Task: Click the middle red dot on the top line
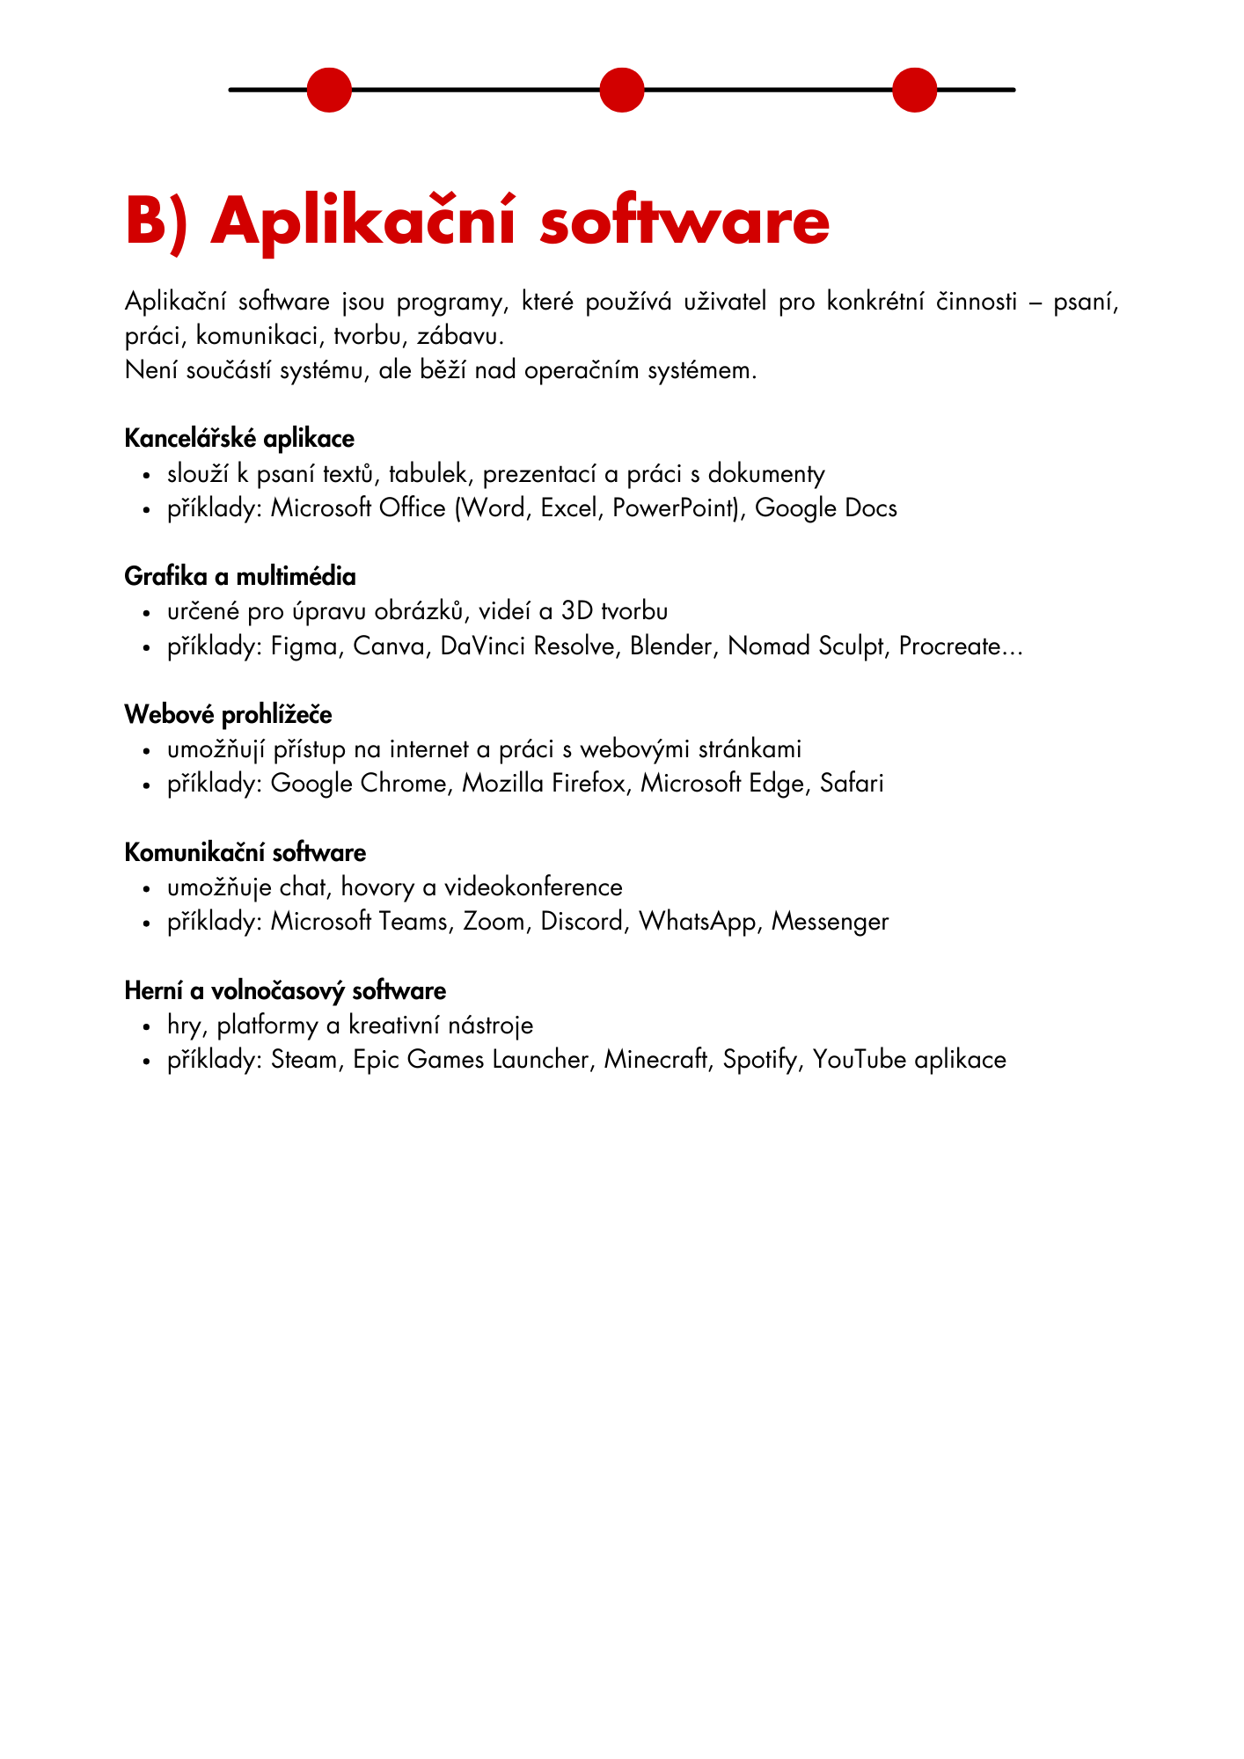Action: click(x=622, y=90)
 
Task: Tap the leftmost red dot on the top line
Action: click(x=329, y=90)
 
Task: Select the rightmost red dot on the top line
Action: click(x=915, y=90)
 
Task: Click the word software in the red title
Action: click(x=684, y=222)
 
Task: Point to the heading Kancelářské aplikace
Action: click(x=239, y=438)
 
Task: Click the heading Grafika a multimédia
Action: click(x=240, y=577)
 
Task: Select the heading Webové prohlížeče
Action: click(x=228, y=715)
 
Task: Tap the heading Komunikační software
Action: click(x=245, y=853)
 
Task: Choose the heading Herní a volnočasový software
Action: click(x=285, y=991)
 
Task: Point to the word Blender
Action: click(x=671, y=646)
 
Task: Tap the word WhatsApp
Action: click(x=699, y=922)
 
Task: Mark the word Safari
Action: click(x=852, y=784)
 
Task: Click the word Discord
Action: click(x=582, y=922)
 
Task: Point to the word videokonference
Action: click(x=533, y=887)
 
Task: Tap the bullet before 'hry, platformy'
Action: click(x=147, y=1027)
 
